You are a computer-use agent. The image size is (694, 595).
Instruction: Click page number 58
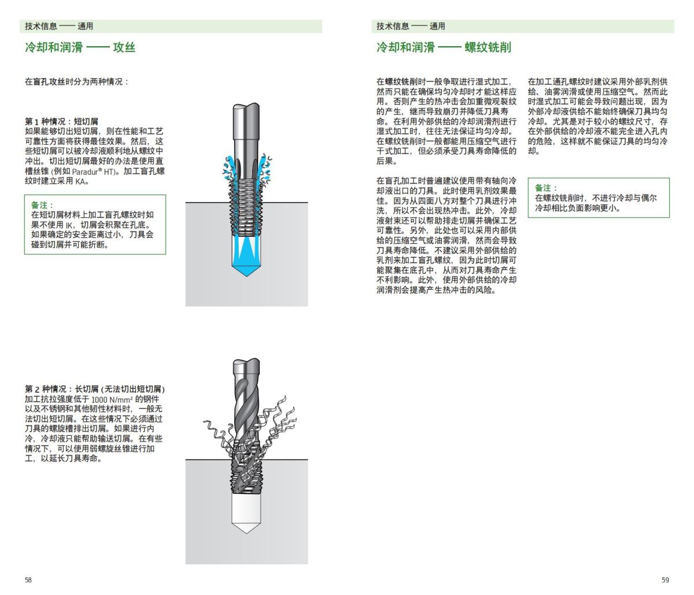28,580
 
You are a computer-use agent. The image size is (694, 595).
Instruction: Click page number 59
665,580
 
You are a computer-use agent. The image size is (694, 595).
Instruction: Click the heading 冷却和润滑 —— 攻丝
80,47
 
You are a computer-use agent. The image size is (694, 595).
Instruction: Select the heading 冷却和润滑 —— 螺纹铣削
444,47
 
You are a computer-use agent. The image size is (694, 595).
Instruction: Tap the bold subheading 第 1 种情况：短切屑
61,122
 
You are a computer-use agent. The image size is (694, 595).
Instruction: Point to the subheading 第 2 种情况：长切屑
98,388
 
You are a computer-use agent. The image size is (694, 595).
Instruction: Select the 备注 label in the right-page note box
546,188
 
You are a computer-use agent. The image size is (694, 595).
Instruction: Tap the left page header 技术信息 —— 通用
58,26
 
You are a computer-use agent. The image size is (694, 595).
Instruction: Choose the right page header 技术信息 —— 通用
411,26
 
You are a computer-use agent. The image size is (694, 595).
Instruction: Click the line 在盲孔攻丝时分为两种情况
76,82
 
